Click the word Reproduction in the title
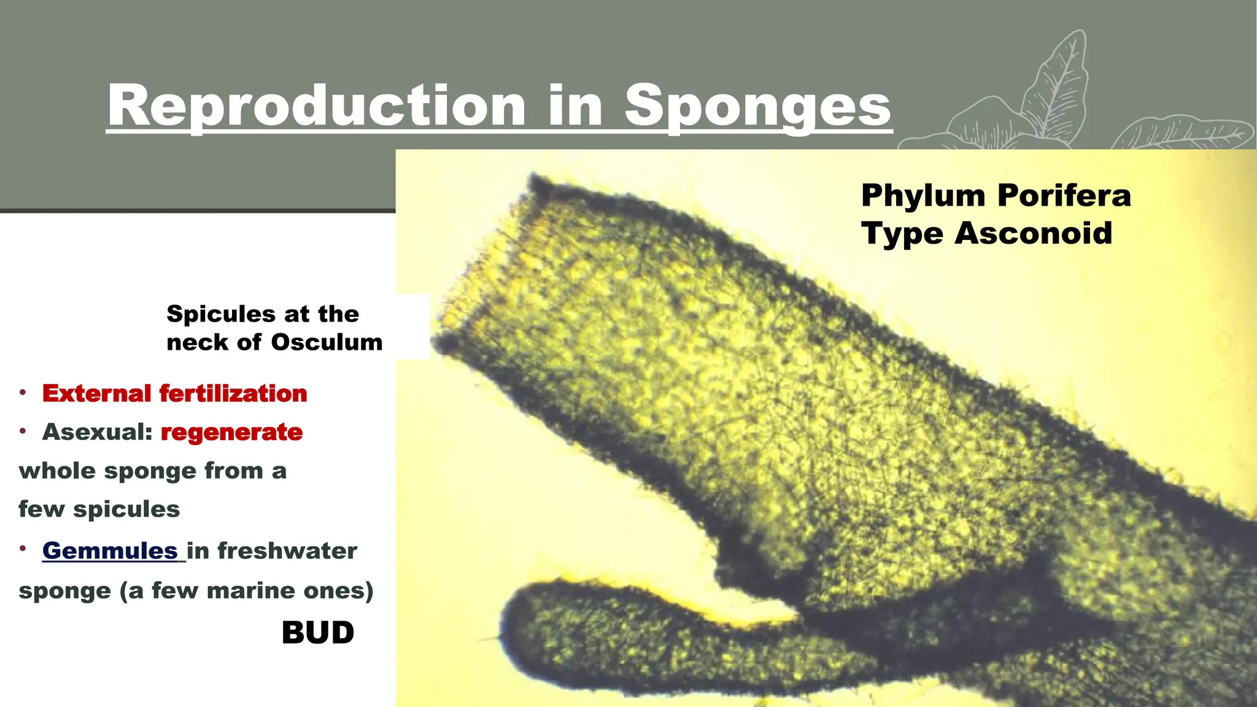(317, 106)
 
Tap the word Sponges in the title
(757, 106)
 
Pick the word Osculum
(327, 342)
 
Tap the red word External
(96, 393)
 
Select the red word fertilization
(233, 393)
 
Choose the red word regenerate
(231, 433)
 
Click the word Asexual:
(97, 432)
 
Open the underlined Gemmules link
(110, 551)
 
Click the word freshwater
(287, 551)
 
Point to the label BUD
(318, 633)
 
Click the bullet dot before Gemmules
(23, 548)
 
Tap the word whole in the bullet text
(57, 471)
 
